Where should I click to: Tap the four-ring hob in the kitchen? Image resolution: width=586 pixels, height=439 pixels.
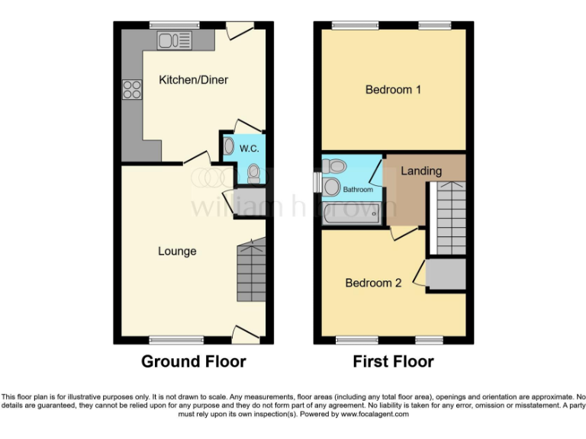[131, 90]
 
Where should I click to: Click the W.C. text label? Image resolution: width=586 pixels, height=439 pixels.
[250, 148]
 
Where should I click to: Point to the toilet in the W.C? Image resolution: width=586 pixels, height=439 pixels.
[253, 175]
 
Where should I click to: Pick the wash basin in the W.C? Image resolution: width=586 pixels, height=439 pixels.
[229, 146]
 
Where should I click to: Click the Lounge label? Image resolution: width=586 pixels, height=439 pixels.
[177, 252]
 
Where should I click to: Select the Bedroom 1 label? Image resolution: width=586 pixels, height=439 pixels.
[393, 90]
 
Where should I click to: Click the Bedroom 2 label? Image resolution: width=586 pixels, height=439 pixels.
[373, 283]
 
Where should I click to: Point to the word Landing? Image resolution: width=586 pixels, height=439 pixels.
[421, 171]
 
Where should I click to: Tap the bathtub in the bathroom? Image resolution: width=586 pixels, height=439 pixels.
[352, 214]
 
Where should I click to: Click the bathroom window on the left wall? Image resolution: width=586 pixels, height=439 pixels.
[317, 183]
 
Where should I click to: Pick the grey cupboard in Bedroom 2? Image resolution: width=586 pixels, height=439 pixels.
[446, 274]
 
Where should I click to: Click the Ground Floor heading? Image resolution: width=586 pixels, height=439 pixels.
[193, 361]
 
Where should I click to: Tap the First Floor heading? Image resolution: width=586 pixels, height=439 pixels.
[393, 361]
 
